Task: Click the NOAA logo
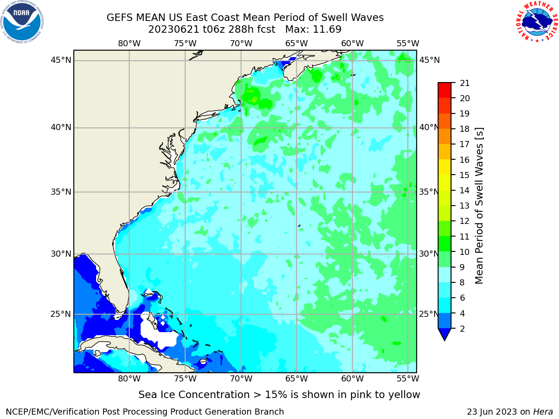(x=22, y=22)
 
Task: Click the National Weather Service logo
(x=537, y=21)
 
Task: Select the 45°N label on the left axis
(x=61, y=60)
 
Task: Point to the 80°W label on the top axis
(x=129, y=44)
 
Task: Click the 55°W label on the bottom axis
(x=408, y=378)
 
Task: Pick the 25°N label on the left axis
(x=61, y=314)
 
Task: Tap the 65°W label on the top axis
(x=297, y=44)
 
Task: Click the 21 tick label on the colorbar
(x=465, y=83)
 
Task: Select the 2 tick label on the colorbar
(x=462, y=329)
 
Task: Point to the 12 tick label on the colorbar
(x=464, y=221)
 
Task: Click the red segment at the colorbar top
(x=445, y=90)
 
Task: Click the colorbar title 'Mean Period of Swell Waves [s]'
(x=479, y=206)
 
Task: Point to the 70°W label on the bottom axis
(x=241, y=378)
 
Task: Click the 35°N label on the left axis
(x=61, y=192)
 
